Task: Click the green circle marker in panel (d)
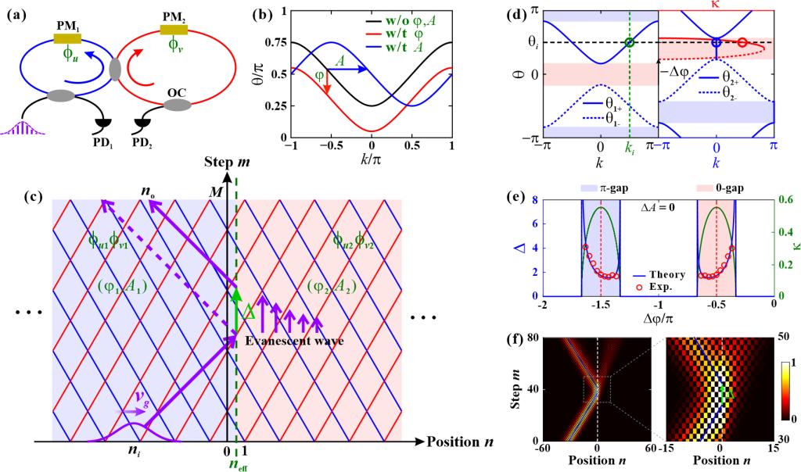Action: (629, 42)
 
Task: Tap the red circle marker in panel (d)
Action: (742, 43)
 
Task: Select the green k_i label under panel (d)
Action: (629, 145)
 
